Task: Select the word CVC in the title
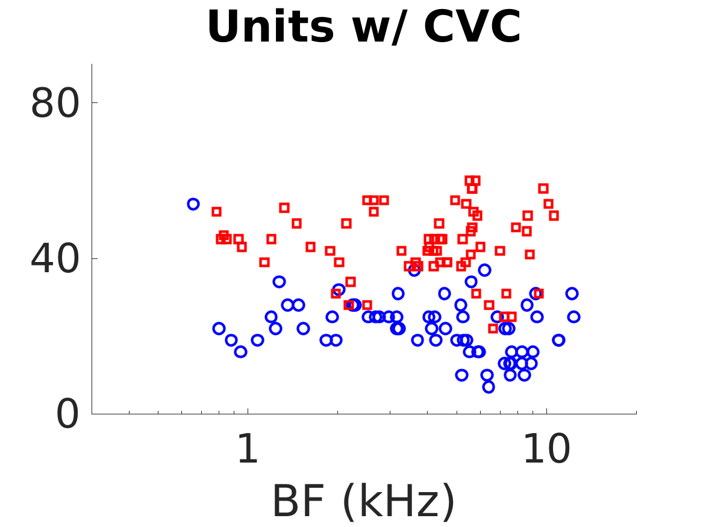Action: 472,27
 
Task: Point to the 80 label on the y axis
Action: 55,103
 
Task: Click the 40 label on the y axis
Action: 55,259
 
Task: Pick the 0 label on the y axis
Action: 67,414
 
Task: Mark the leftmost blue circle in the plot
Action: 193,204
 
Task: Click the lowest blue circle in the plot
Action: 489,387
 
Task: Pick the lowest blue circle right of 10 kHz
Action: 558,340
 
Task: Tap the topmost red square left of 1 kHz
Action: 217,212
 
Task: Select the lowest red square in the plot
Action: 493,328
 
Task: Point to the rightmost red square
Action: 554,216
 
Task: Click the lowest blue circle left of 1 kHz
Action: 240,352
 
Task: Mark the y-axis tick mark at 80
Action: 95,103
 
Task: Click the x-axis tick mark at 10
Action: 546,411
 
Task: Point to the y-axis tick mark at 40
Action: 95,259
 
